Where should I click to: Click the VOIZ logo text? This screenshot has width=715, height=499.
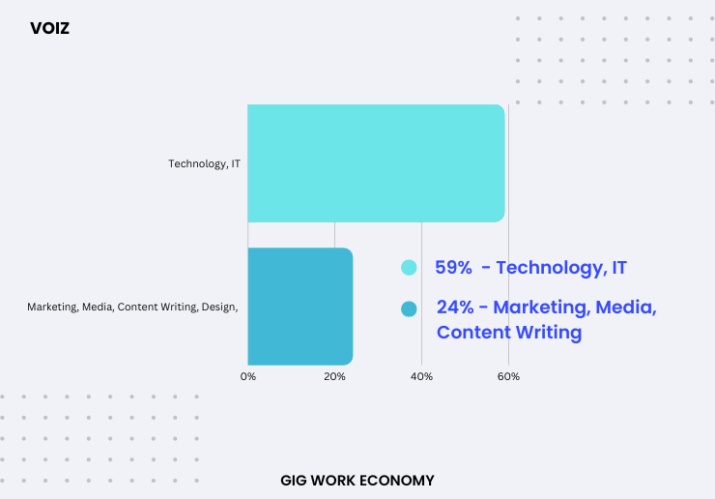pos(49,28)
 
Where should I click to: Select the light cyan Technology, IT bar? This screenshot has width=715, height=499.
pos(376,163)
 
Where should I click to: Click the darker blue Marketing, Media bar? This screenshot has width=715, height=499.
pos(300,307)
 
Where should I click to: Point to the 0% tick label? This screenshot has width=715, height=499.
pos(248,376)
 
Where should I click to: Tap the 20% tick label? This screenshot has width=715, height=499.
pos(334,376)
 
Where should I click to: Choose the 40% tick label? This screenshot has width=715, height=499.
pos(422,376)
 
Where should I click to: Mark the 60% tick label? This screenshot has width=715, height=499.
pos(508,376)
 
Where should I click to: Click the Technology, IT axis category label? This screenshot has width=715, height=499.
pos(204,163)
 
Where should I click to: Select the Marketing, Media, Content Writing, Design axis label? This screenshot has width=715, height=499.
pos(132,307)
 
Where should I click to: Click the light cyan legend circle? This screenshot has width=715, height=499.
pos(409,268)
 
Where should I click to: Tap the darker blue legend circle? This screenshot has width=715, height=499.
pos(409,309)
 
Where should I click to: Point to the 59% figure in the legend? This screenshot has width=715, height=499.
pos(453,268)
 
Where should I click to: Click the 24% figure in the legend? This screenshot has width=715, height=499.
pos(455,308)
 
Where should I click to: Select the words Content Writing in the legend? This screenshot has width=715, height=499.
pos(509,333)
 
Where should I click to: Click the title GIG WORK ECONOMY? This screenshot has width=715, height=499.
pos(357,481)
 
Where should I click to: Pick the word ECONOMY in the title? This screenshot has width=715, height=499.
pos(396,481)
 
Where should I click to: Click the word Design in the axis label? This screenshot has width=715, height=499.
pos(219,307)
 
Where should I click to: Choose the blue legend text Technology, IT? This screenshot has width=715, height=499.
pos(561,268)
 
